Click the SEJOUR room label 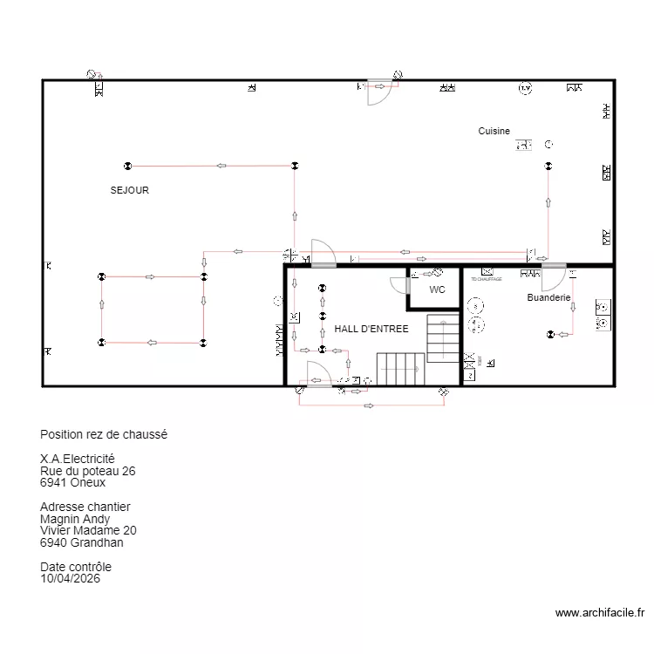pyautogui.click(x=129, y=189)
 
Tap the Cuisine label pyautogui.click(x=494, y=131)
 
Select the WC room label pyautogui.click(x=437, y=289)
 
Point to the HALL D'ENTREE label pyautogui.click(x=371, y=329)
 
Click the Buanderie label pyautogui.click(x=548, y=297)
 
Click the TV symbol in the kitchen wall pyautogui.click(x=525, y=88)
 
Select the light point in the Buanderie pyautogui.click(x=550, y=334)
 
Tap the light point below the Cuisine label pyautogui.click(x=548, y=166)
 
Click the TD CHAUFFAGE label pyautogui.click(x=487, y=279)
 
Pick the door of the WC pyautogui.click(x=402, y=283)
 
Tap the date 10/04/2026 pyautogui.click(x=70, y=577)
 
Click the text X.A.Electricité pyautogui.click(x=77, y=459)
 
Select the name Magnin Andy pyautogui.click(x=75, y=519)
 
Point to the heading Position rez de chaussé pyautogui.click(x=103, y=434)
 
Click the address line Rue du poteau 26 pyautogui.click(x=87, y=471)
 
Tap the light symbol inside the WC pyautogui.click(x=437, y=273)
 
